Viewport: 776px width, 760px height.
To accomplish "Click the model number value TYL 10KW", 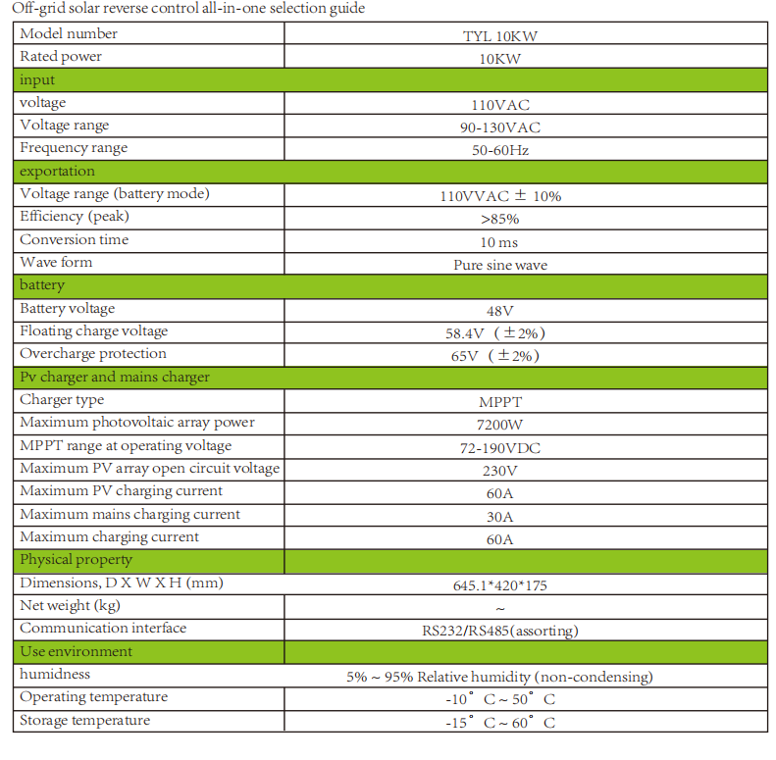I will pos(500,36).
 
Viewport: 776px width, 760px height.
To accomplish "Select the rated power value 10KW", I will pos(500,59).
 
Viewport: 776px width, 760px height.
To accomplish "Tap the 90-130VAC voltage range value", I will pos(500,127).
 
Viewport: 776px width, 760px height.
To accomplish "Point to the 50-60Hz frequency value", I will pos(500,151).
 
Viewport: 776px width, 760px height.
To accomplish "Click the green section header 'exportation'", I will pos(58,172).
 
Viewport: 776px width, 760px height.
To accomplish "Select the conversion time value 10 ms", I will pos(500,242).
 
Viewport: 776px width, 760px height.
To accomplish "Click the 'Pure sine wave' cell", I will pos(500,265).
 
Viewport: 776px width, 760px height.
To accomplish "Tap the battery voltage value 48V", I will pos(500,311).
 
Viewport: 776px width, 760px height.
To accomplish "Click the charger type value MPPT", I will pos(500,402).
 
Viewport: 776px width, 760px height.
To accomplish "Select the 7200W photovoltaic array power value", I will pos(500,426).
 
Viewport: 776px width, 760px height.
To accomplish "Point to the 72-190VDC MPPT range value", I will pos(500,448).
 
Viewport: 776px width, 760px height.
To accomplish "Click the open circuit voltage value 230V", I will pos(500,471).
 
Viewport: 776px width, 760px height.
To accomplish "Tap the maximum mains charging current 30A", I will pos(500,517).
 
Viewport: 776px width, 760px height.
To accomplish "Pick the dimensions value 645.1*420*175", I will pos(500,585).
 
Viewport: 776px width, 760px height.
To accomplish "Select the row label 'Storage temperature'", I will pos(85,721).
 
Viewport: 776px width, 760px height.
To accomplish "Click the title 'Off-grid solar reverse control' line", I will pos(187,9).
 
